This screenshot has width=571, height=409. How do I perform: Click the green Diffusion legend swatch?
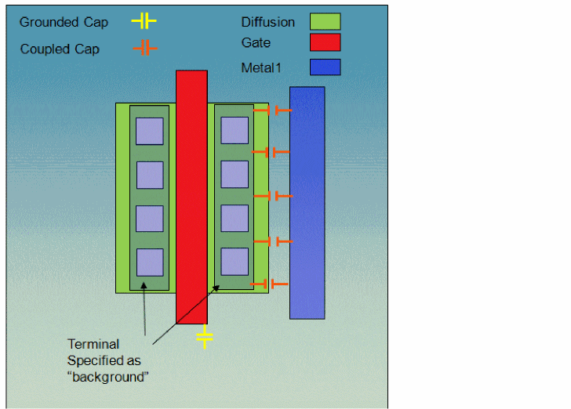point(325,21)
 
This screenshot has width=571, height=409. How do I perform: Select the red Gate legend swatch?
point(325,42)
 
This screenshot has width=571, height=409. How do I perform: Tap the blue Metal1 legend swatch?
point(325,67)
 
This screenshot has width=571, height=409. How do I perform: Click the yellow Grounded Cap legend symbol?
point(144,21)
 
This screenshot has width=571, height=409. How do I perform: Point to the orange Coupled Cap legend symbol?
point(144,49)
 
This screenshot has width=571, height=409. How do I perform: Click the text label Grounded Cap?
point(64,22)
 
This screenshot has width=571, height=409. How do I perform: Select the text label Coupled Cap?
point(60,49)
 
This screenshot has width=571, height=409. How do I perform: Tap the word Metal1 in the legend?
point(260,68)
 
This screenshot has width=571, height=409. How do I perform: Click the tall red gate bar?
point(191,196)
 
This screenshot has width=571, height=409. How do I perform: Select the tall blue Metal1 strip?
point(307,202)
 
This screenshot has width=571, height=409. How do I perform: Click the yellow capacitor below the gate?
point(204,337)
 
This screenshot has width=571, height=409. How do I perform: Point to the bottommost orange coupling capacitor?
point(270,284)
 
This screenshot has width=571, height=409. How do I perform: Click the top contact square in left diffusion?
point(149,131)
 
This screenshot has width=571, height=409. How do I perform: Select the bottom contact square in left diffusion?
point(149,262)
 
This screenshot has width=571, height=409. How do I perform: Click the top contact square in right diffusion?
point(235,131)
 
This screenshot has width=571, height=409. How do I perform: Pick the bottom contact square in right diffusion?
point(235,261)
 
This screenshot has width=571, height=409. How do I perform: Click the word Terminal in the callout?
point(93,344)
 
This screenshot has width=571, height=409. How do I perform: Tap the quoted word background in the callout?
point(108,377)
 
